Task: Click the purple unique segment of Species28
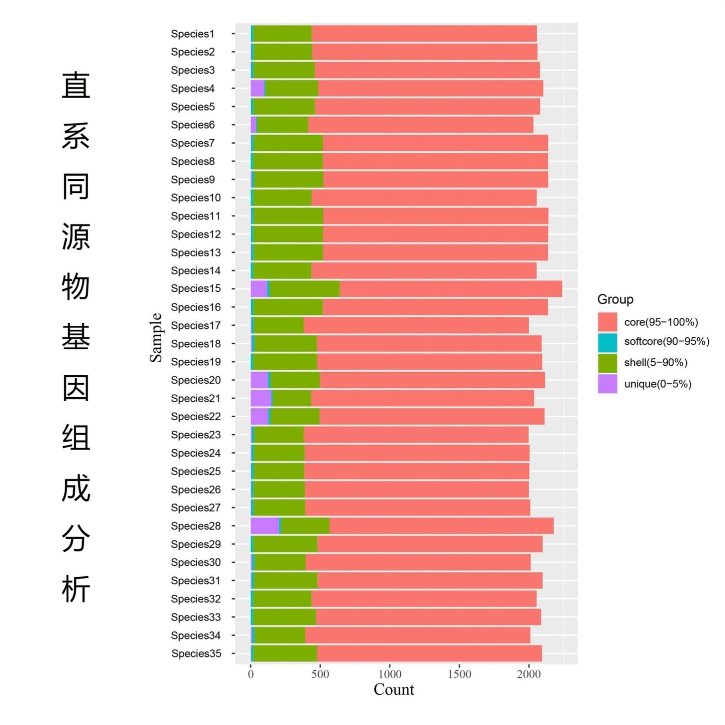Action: tap(264, 525)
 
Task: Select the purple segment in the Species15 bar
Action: tap(259, 289)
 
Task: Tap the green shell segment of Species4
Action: tap(291, 88)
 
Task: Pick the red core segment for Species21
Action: tap(422, 398)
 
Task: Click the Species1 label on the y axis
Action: tap(193, 34)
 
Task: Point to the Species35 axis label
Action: tap(196, 653)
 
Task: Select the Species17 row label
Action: tap(196, 325)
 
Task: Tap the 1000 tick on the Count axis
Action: tap(390, 674)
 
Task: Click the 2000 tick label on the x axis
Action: tap(528, 674)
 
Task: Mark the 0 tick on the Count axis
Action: tap(251, 674)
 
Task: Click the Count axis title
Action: tap(394, 689)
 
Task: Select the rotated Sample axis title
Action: tap(156, 337)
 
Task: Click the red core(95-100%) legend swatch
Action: tap(608, 322)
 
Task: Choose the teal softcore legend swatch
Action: tap(608, 342)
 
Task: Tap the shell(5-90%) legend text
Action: tap(656, 363)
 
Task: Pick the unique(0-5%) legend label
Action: tap(657, 384)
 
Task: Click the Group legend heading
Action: tap(615, 299)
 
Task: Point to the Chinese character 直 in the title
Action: tap(76, 85)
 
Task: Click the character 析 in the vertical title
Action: tap(76, 588)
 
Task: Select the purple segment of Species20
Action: tap(259, 380)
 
